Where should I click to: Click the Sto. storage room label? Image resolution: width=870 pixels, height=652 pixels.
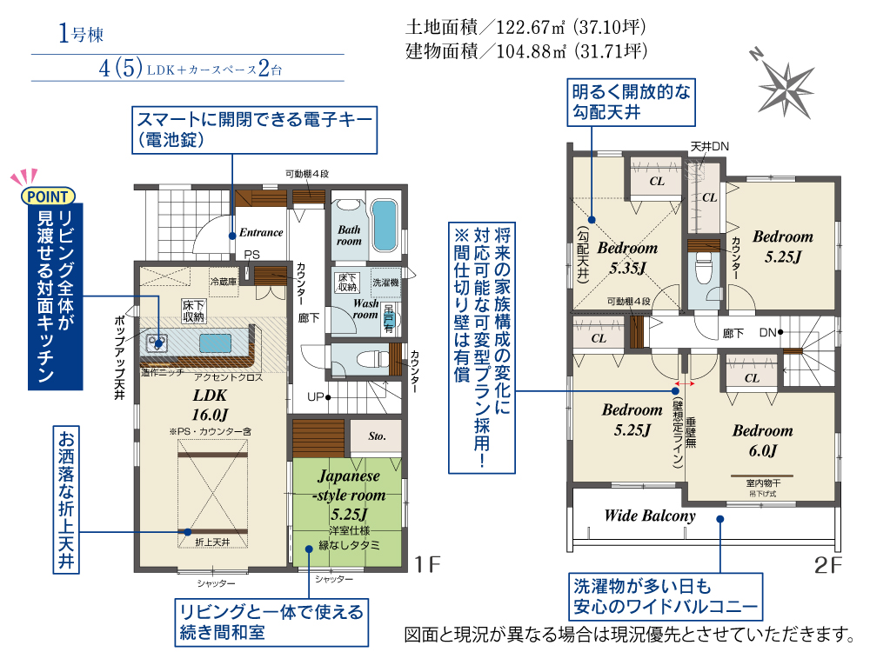[377, 436]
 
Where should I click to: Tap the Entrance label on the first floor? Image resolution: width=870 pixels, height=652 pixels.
[261, 232]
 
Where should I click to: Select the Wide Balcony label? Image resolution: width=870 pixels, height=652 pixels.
[650, 516]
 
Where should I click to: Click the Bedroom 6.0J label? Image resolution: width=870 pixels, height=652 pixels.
[762, 440]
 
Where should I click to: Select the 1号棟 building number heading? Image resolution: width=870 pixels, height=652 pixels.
[81, 36]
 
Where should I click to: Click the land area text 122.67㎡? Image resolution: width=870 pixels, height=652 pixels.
[526, 27]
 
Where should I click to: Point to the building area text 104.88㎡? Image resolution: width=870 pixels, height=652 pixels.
[526, 51]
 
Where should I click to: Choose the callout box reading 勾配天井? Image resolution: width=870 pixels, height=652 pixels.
[631, 102]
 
